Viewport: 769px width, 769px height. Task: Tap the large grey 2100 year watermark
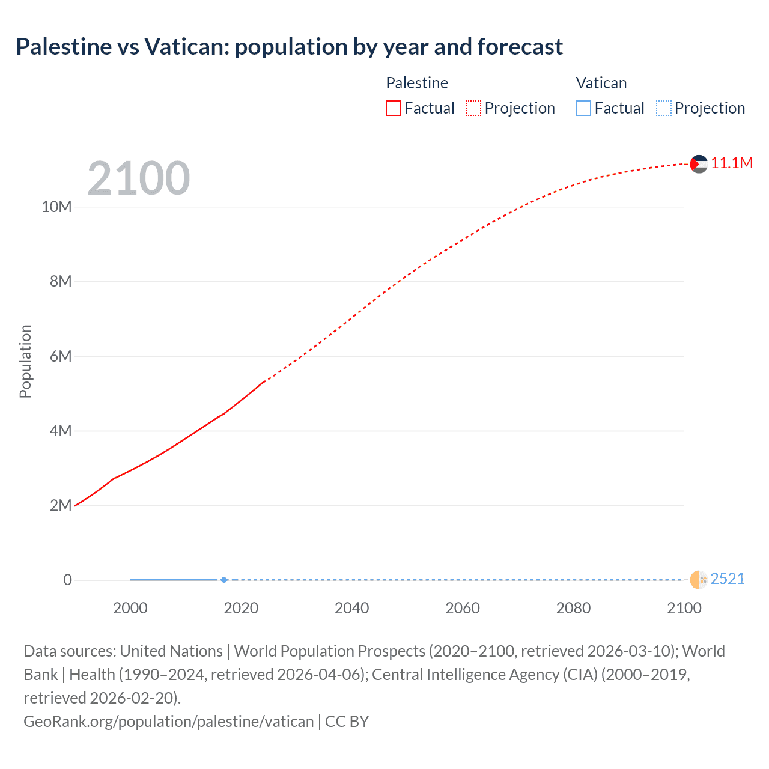coord(139,178)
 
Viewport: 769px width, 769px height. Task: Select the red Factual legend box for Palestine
coord(394,108)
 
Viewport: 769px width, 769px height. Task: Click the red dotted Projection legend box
coord(473,108)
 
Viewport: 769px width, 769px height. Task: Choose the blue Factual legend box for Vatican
coord(583,108)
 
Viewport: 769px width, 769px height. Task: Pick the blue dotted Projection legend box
coord(664,108)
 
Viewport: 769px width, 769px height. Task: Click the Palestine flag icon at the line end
coord(699,163)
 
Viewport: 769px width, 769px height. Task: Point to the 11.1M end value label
coord(732,163)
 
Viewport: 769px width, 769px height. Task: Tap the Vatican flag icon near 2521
coord(699,580)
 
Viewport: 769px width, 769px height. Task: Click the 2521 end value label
coord(728,579)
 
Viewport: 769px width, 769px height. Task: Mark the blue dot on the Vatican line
coord(224,580)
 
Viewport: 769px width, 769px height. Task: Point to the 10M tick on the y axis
coord(56,207)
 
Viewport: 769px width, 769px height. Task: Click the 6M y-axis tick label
coord(61,357)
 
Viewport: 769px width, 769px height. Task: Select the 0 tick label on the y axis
coord(68,580)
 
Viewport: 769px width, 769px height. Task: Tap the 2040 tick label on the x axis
coord(351,609)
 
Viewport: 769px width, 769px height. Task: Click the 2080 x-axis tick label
coord(573,609)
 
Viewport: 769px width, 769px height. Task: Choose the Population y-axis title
coord(25,361)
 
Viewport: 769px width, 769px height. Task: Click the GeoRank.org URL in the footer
coord(168,722)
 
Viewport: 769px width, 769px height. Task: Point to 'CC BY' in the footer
coord(347,722)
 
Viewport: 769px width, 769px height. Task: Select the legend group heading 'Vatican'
coord(601,83)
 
